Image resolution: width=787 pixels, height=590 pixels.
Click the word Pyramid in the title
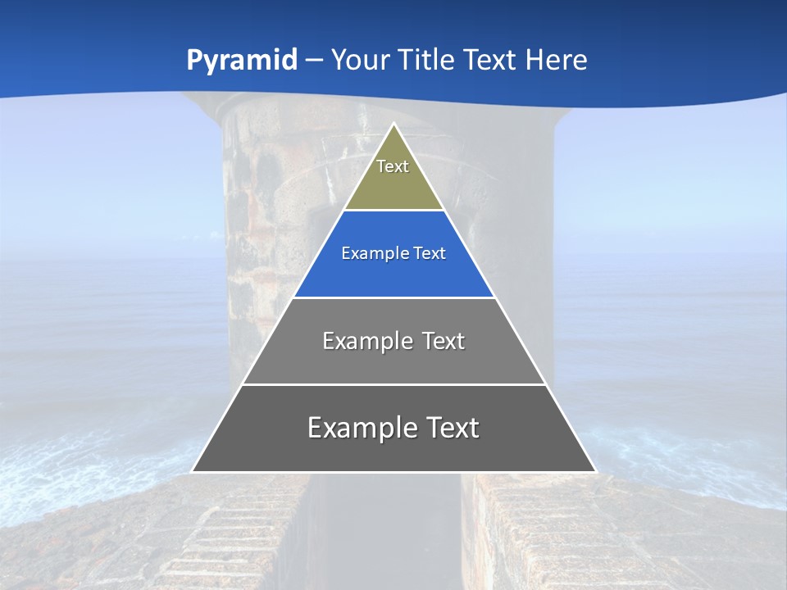tap(242, 61)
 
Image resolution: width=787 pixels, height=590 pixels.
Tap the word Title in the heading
tap(428, 61)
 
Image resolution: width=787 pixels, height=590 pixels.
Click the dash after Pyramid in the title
tap(314, 61)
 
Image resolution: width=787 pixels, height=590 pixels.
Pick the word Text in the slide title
tap(492, 61)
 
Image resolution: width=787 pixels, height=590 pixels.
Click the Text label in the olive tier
tap(393, 166)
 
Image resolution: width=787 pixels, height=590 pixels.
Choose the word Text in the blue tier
tap(430, 254)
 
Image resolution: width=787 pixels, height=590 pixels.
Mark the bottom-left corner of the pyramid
tap(193, 471)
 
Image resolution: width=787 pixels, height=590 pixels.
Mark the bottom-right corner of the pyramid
tap(595, 471)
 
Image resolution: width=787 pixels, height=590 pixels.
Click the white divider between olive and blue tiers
tap(393, 211)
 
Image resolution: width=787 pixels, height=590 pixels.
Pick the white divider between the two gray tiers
tap(393, 384)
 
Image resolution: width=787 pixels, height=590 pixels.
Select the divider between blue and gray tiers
tap(393, 297)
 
